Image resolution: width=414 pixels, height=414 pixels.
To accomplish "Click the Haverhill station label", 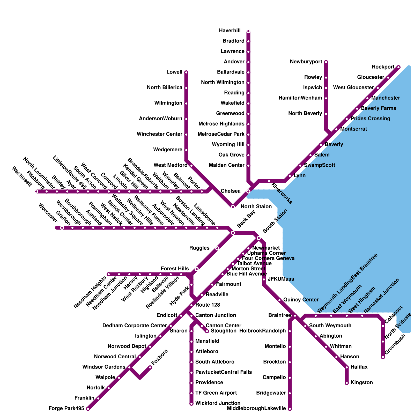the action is click(x=230, y=31).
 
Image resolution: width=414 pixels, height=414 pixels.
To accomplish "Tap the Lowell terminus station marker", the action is click(x=186, y=72).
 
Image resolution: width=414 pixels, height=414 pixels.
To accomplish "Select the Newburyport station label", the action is click(x=306, y=62).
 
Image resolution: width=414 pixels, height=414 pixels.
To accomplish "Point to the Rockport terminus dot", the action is click(x=398, y=67).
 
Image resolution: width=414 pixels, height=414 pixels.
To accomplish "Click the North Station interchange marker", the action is click(x=233, y=207).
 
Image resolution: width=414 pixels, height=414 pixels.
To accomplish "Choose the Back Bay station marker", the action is click(x=233, y=233).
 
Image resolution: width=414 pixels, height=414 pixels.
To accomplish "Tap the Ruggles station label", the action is click(x=199, y=248).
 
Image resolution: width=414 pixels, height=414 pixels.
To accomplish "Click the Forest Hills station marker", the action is click(x=197, y=269).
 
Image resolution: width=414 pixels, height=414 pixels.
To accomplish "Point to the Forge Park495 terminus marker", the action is click(x=88, y=409).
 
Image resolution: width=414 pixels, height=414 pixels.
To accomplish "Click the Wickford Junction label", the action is click(x=218, y=403).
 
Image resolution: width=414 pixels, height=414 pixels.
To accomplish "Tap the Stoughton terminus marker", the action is click(x=207, y=331).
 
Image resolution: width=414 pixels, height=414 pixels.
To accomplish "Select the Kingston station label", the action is click(x=361, y=382).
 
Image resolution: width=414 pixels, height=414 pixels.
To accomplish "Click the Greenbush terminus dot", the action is click(x=383, y=357).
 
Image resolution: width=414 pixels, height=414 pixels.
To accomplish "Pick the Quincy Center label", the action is click(x=301, y=300).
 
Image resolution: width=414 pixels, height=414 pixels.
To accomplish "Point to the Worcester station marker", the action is click(x=62, y=228).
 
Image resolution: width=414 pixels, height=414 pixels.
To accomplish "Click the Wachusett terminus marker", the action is click(x=36, y=191).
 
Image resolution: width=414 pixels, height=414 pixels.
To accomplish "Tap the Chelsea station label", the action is click(x=231, y=191).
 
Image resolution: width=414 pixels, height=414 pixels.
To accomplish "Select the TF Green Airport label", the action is click(x=216, y=393).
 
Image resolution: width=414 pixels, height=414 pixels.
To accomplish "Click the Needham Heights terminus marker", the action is click(x=109, y=274).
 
